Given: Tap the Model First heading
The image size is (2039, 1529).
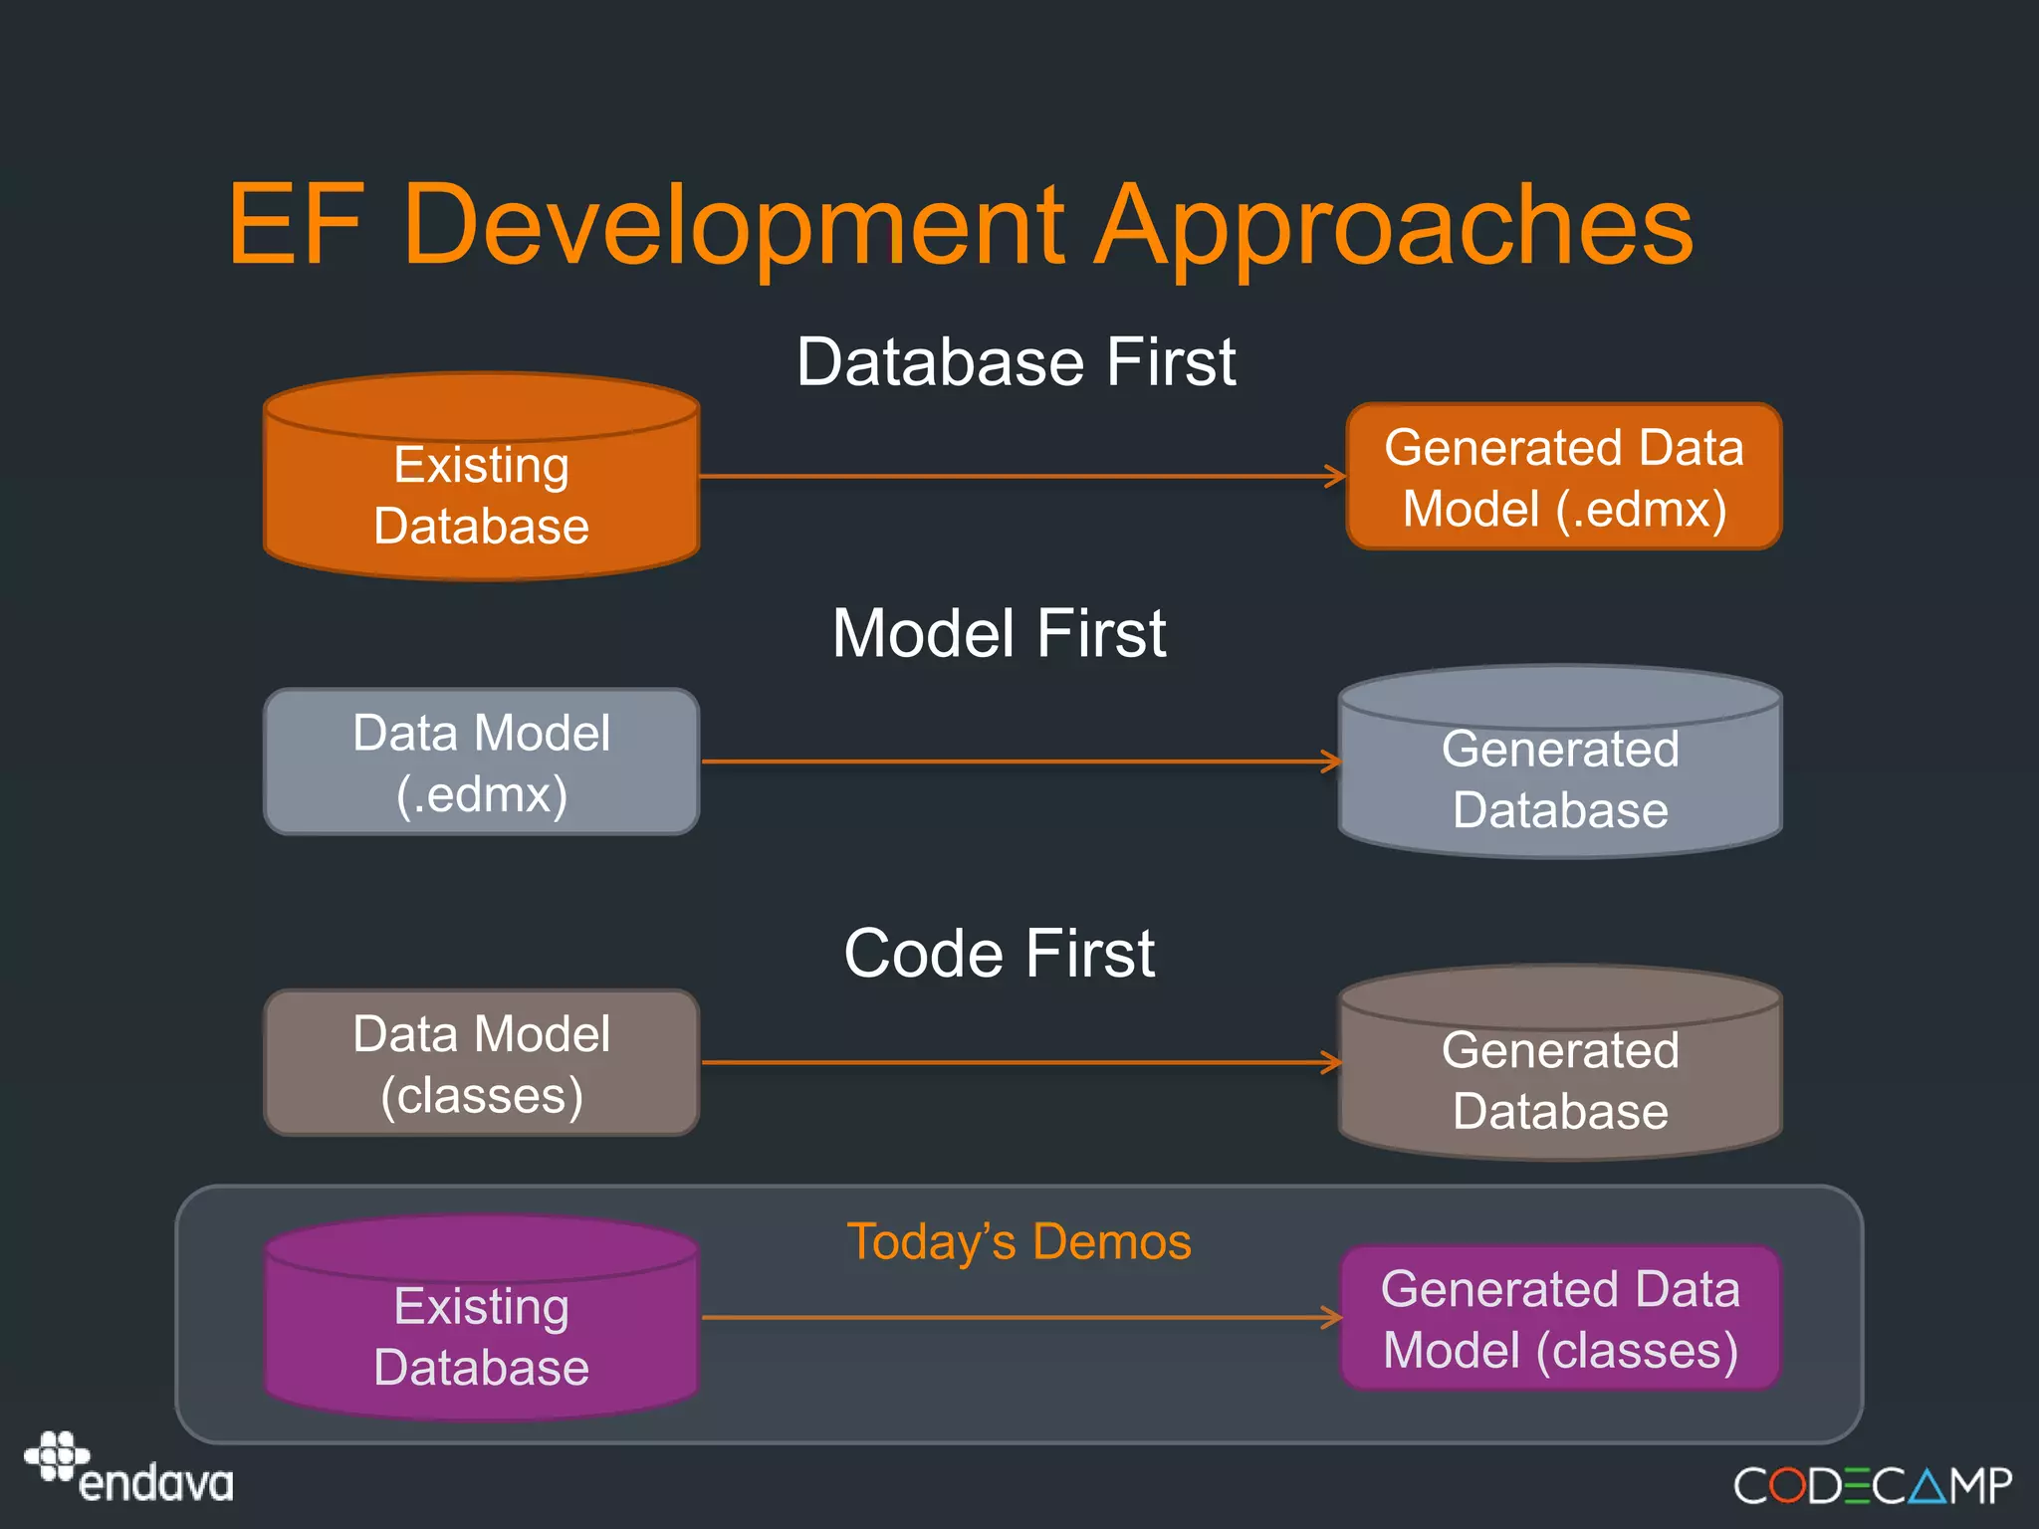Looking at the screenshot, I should [x=999, y=633].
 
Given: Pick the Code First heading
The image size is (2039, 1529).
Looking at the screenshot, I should [x=999, y=954].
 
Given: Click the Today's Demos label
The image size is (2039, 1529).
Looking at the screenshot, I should [x=1019, y=1241].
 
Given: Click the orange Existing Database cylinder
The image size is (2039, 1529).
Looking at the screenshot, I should [x=482, y=495].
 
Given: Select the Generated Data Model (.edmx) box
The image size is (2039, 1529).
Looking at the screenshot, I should [x=1563, y=477].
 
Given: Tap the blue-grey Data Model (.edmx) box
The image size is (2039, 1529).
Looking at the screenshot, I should [x=482, y=763].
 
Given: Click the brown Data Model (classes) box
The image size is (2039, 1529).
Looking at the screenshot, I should [x=482, y=1063].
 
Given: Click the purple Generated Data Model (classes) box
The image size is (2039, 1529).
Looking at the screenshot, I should [x=1560, y=1318].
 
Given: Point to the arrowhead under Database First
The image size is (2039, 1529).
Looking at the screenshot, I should [x=1335, y=476].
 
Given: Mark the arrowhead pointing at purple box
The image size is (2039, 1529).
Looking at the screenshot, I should [x=1332, y=1317].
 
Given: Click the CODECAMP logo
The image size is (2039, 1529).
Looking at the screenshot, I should [x=1872, y=1486].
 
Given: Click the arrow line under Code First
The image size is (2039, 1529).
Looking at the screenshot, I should [x=1016, y=1062].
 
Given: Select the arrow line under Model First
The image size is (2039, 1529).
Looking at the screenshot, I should [x=1016, y=762].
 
